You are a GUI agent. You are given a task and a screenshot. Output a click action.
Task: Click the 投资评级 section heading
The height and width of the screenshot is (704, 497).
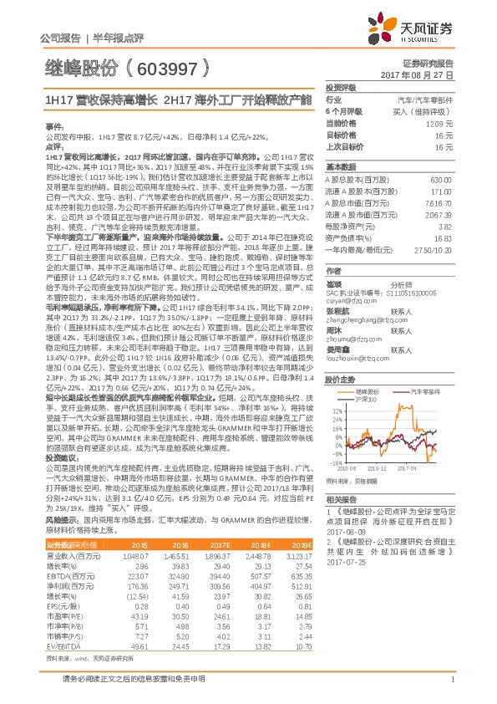tap(341, 87)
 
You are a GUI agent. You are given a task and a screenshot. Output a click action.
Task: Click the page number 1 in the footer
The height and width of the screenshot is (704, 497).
tap(452, 679)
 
